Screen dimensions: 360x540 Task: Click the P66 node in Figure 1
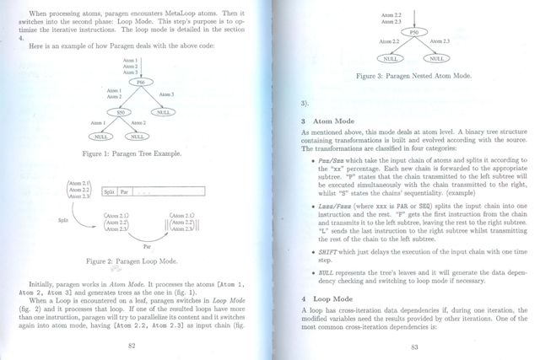[x=141, y=82]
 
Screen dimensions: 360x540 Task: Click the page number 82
[x=132, y=345]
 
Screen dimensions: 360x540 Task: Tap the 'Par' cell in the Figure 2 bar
[x=123, y=192]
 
